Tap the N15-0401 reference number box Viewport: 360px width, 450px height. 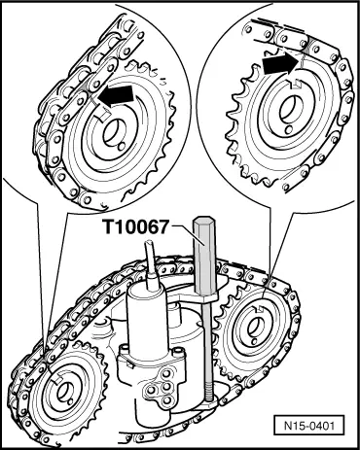312,426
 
